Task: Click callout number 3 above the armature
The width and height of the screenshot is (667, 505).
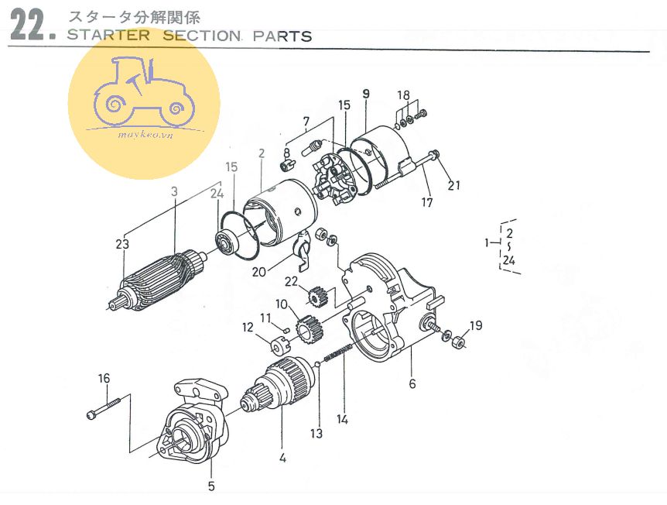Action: [175, 190]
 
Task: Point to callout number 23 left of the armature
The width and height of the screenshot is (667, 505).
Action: [121, 244]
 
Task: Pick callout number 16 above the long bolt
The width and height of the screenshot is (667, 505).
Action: [104, 378]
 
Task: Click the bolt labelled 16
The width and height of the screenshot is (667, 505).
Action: [105, 408]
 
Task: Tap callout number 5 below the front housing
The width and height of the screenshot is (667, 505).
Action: [211, 486]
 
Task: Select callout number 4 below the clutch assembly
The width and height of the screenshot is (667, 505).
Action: [282, 458]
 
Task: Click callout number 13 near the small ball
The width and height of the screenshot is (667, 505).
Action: [316, 434]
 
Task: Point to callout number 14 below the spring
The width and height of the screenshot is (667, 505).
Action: [343, 420]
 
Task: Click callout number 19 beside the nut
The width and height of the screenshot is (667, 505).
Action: [475, 325]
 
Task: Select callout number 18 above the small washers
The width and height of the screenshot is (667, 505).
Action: [403, 94]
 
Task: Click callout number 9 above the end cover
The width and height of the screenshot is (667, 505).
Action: [366, 93]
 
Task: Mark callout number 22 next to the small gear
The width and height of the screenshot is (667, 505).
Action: [291, 280]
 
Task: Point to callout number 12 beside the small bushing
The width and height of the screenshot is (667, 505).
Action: [248, 328]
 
